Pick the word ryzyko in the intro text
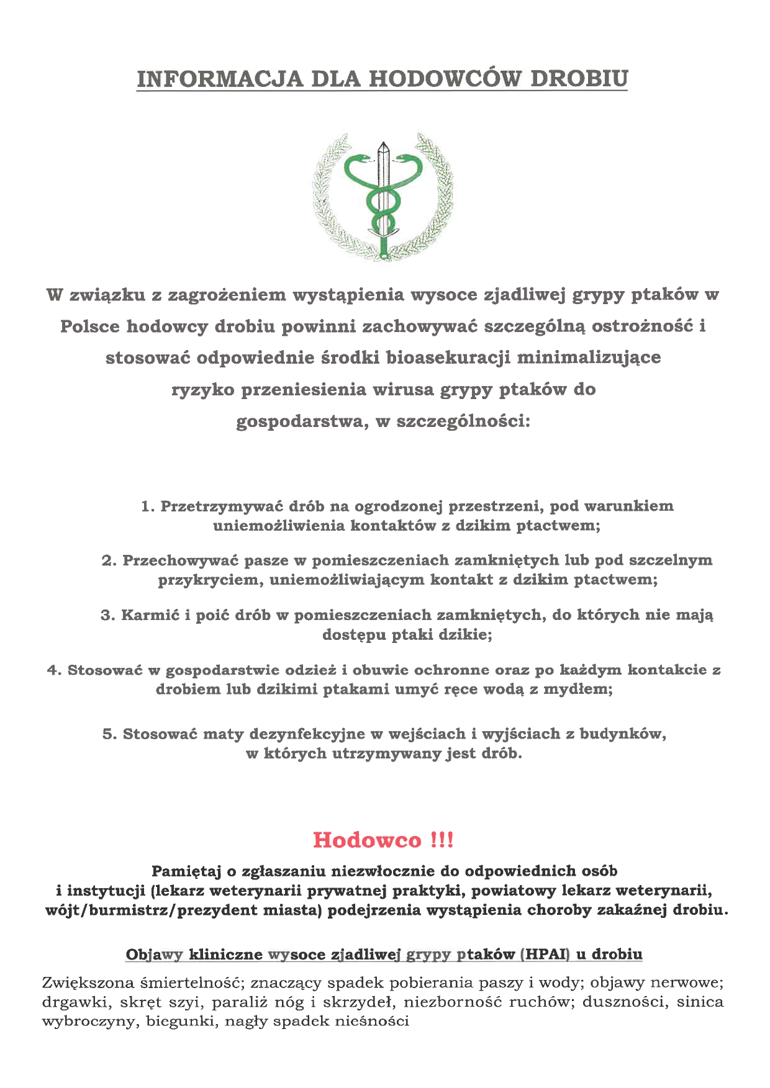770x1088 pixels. tap(202, 390)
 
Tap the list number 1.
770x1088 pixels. tap(147, 506)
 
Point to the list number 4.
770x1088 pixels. tap(53, 670)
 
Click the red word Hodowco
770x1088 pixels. tap(367, 840)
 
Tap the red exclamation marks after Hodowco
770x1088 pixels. tap(442, 840)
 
